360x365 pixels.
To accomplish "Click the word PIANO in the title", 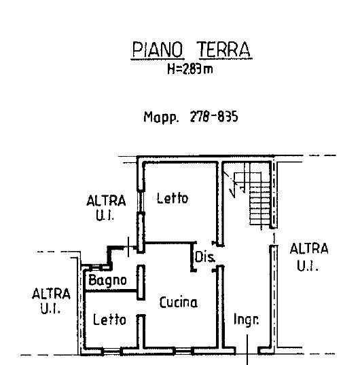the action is (158, 50).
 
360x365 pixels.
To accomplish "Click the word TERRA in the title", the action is (224, 50).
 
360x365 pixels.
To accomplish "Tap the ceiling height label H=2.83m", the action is (190, 69).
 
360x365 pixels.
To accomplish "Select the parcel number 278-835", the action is (214, 117).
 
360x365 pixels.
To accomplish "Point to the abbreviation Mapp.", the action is (161, 117).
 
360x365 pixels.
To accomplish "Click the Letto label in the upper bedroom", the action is (173, 198).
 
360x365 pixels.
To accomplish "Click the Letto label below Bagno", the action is (109, 320).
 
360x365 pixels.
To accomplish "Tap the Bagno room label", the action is (107, 280).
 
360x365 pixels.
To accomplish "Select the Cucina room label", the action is (179, 302).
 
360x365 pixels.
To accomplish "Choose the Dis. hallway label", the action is (205, 256).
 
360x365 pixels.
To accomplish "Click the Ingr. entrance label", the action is (247, 320).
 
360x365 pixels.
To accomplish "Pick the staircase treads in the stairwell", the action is (260, 204).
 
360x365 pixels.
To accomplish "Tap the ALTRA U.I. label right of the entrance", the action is (309, 257).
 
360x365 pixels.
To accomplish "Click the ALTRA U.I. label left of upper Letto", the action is (106, 208).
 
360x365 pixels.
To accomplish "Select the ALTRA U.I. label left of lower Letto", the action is (51, 301).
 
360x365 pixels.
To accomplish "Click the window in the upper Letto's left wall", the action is (141, 201).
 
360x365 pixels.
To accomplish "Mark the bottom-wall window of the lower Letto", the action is (112, 351).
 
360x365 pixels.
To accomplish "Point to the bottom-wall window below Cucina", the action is (183, 351).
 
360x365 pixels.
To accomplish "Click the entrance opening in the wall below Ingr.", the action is (247, 351).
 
